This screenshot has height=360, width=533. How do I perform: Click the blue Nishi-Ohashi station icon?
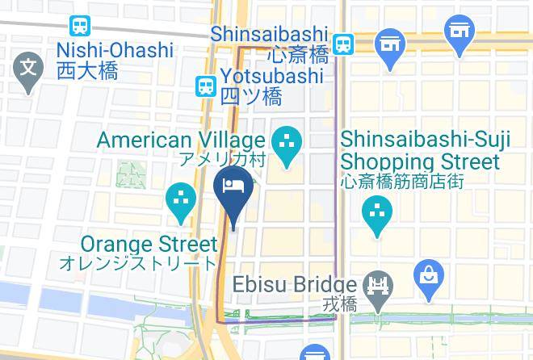click(x=81, y=27)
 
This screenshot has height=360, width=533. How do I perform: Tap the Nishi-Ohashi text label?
click(x=115, y=50)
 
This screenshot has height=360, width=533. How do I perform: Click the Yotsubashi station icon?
click(x=206, y=85)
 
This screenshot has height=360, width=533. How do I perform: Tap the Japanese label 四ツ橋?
click(x=251, y=97)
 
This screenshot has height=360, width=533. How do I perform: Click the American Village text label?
click(x=181, y=140)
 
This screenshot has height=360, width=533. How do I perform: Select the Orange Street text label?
click(x=149, y=244)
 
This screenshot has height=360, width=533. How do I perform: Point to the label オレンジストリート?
click(x=138, y=263)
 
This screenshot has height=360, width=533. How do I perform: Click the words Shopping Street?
click(x=420, y=161)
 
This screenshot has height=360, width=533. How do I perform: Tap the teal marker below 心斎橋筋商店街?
click(x=376, y=212)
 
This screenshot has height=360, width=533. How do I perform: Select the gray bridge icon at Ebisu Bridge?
click(x=376, y=285)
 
